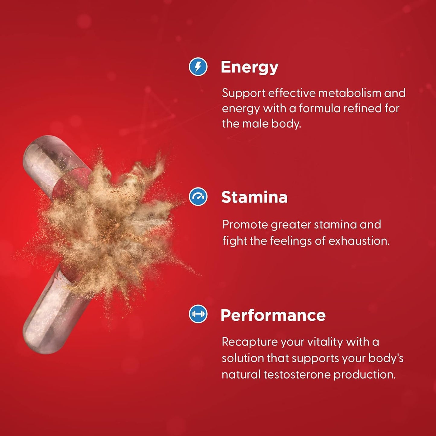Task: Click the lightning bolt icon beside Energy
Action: click(198, 67)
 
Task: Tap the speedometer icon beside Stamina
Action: click(198, 196)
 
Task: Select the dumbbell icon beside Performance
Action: click(198, 313)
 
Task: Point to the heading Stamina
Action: click(254, 197)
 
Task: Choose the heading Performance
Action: click(273, 315)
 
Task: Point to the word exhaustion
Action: click(359, 241)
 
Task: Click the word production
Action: click(365, 375)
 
